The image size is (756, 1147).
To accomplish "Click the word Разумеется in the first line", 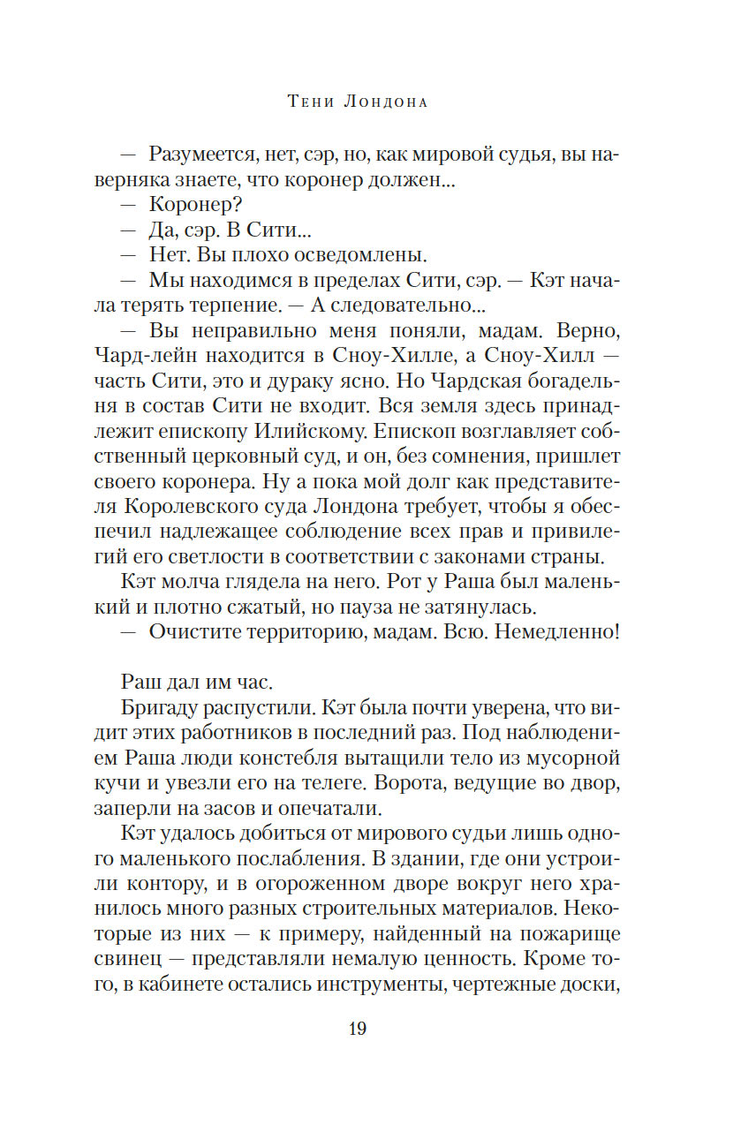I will pyautogui.click(x=201, y=155).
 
